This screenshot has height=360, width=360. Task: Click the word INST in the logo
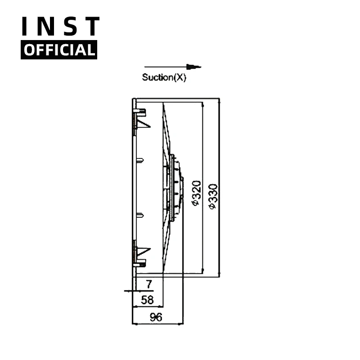60,27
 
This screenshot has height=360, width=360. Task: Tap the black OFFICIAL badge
59,50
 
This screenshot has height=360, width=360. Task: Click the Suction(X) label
164,77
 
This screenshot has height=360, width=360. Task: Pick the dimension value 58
147,300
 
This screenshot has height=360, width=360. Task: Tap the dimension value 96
156,317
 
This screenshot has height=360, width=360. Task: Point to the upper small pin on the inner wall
140,159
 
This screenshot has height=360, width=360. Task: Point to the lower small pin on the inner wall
140,214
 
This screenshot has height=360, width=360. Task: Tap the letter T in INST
92,27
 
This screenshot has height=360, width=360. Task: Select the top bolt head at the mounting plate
140,111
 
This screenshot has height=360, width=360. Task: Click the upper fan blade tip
164,108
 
